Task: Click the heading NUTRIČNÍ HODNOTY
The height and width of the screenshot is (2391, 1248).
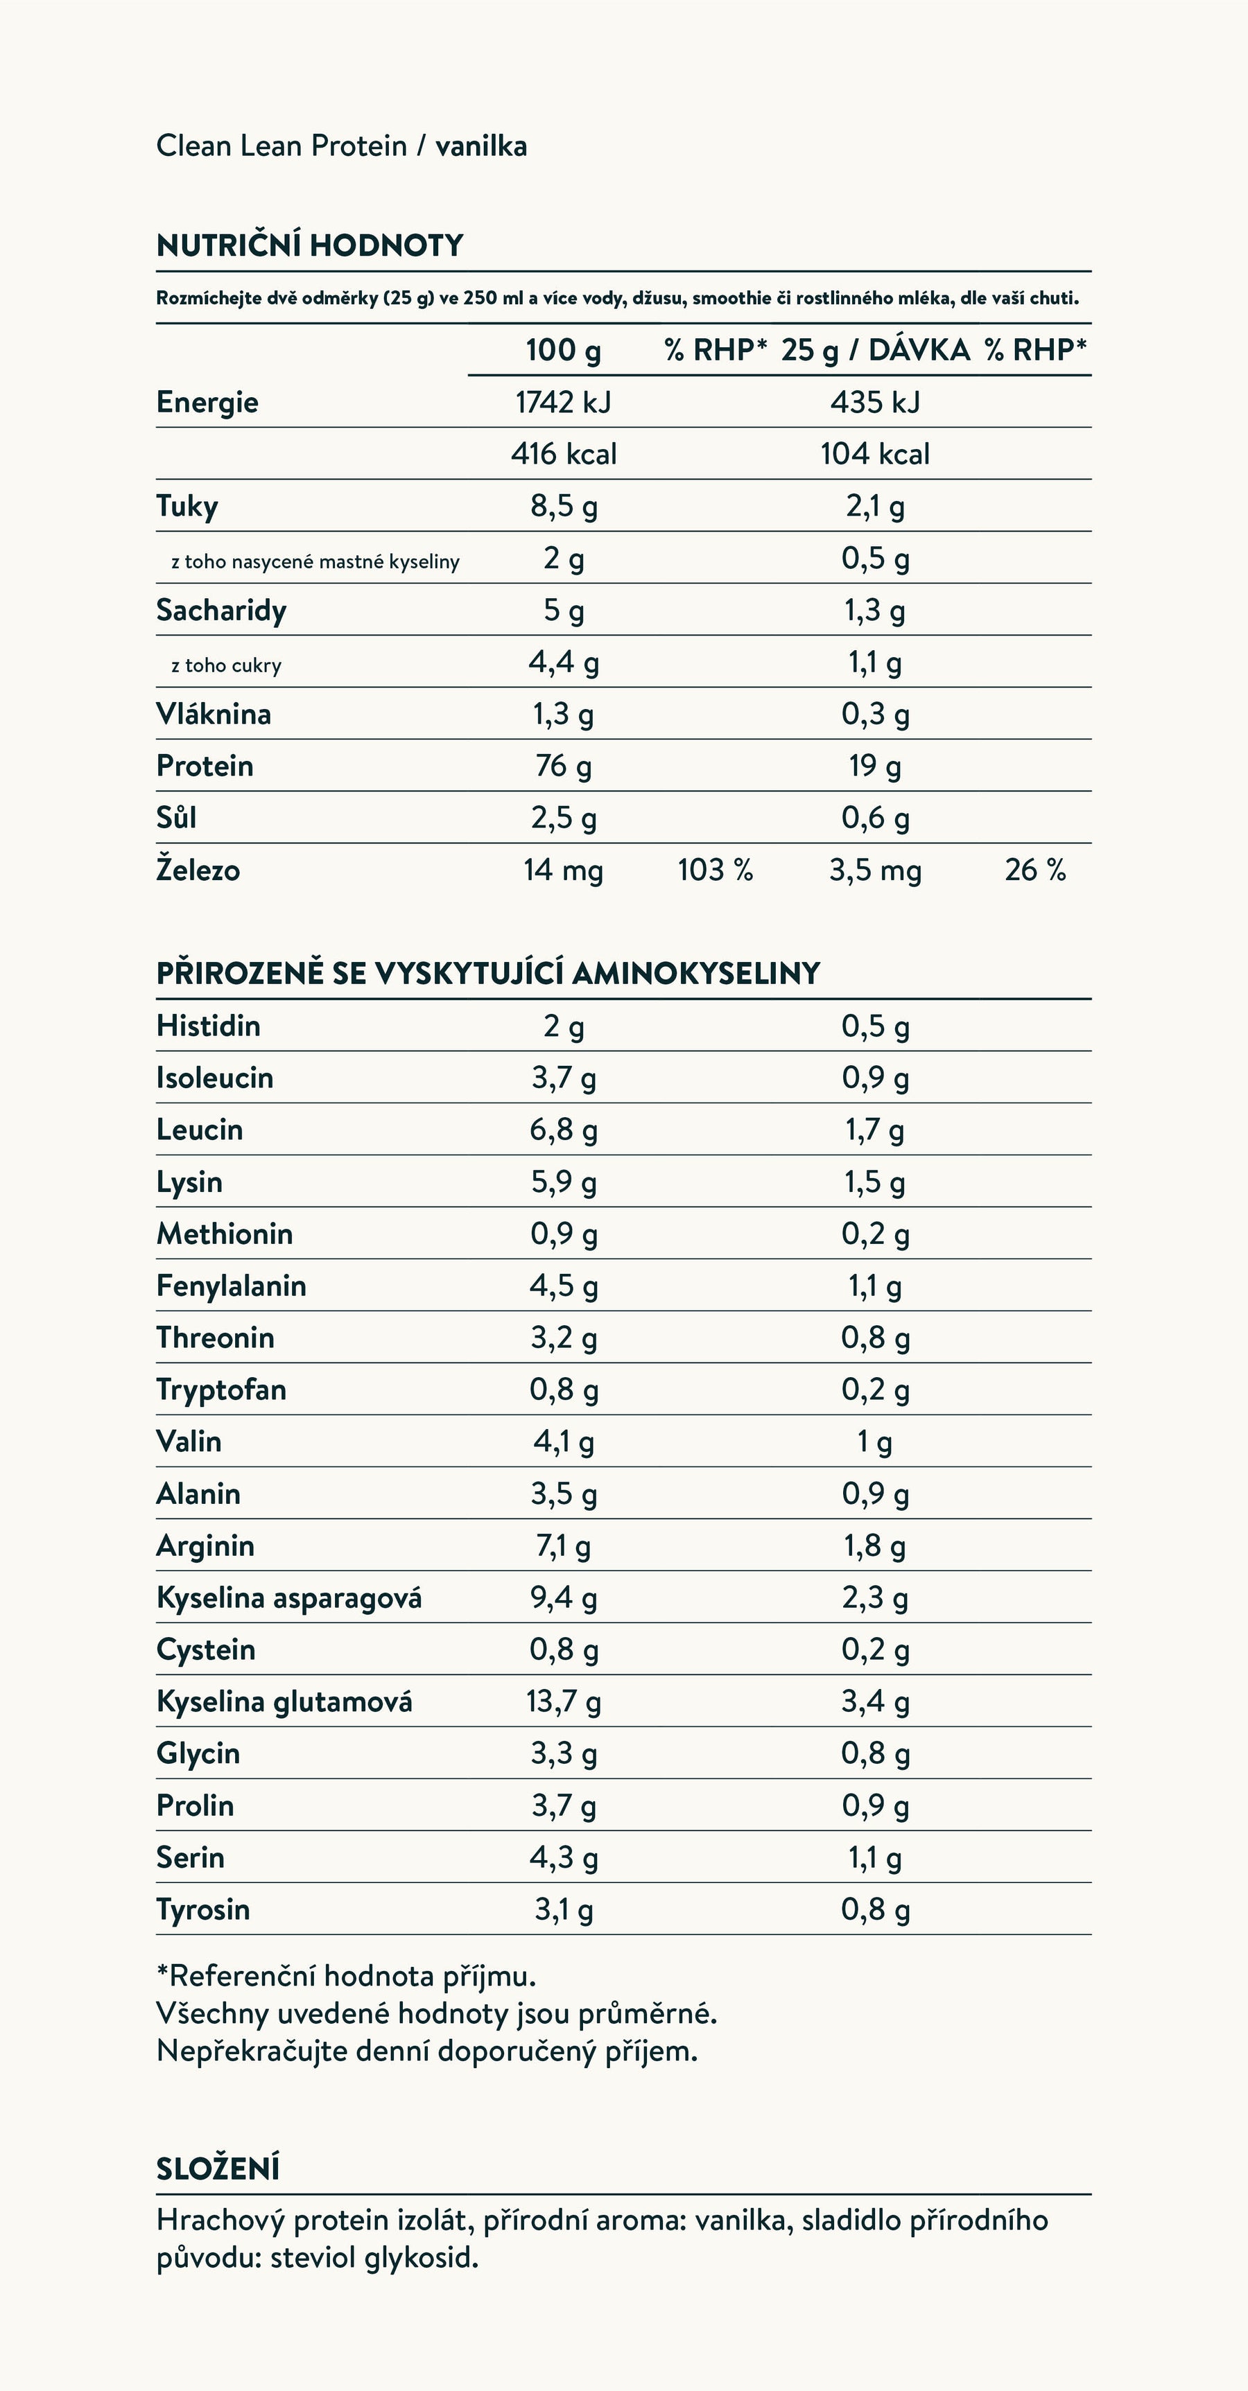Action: [x=309, y=245]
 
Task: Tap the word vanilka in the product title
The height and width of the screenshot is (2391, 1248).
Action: [x=481, y=146]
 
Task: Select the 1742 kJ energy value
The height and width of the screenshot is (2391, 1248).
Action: [x=563, y=402]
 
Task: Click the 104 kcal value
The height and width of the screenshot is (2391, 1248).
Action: [x=875, y=454]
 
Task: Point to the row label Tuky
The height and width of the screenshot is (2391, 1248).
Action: [x=187, y=506]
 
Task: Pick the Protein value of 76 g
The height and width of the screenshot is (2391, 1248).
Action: [x=563, y=766]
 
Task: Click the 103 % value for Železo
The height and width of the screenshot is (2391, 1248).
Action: [x=715, y=870]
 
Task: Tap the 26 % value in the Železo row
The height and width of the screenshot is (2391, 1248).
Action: [x=1034, y=870]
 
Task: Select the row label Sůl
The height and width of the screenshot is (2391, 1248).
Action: [x=176, y=818]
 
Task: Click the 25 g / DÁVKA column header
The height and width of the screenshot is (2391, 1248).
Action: [x=875, y=350]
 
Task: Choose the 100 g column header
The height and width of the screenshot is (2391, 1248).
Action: [x=563, y=350]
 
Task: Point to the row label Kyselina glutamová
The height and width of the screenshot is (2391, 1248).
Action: [x=284, y=1701]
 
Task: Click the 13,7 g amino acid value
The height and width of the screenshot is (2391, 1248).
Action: [x=563, y=1701]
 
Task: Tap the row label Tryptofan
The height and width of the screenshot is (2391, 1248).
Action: [x=221, y=1390]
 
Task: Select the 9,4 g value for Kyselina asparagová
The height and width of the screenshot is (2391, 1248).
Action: [x=563, y=1597]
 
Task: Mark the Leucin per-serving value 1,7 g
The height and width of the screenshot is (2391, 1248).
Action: [x=875, y=1130]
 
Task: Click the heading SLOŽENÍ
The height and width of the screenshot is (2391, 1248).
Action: [x=217, y=2169]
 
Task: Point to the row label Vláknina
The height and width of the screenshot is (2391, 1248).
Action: [x=214, y=714]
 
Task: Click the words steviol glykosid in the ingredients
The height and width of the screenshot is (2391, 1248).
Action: [x=374, y=2257]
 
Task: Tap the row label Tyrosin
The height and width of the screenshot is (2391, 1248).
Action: [x=202, y=1909]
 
